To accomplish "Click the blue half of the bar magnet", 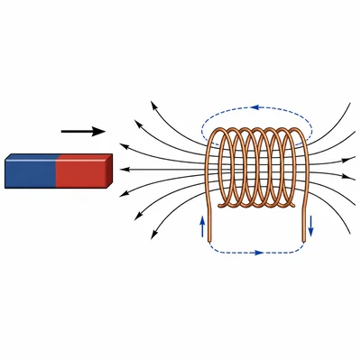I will [31, 172].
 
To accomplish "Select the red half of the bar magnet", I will [81, 172].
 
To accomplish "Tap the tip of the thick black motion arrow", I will [104, 132].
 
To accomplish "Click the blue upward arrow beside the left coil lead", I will [202, 225].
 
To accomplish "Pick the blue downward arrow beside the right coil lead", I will [311, 226].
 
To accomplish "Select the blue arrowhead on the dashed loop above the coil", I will [255, 107].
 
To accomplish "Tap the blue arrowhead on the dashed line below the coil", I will [259, 253].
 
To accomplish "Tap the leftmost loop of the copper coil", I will [217, 171].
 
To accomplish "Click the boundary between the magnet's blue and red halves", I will [56, 172].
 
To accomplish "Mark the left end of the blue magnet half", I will [5, 172].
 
